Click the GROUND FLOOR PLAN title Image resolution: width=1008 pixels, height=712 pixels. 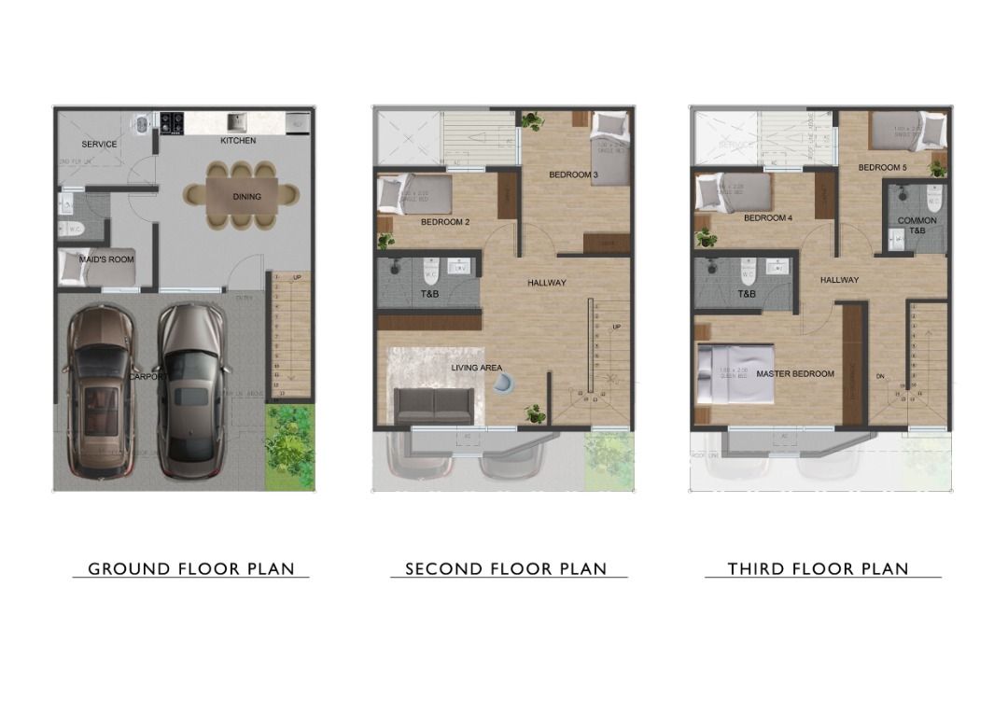pyautogui.click(x=191, y=568)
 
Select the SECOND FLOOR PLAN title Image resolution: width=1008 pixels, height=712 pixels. pyautogui.click(x=506, y=568)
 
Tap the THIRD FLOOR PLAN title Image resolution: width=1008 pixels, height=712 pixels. pyautogui.click(x=819, y=568)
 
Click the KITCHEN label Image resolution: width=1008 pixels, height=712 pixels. pyautogui.click(x=238, y=141)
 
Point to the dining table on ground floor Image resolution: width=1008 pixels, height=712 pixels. pyautogui.click(x=242, y=196)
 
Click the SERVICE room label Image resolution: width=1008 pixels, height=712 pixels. pyautogui.click(x=99, y=145)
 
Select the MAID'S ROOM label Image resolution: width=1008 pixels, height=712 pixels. pyautogui.click(x=107, y=259)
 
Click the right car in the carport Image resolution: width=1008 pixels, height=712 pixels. pyautogui.click(x=192, y=389)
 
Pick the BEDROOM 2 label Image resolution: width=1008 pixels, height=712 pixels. pyautogui.click(x=444, y=222)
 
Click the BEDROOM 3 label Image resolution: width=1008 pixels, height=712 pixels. pyautogui.click(x=573, y=175)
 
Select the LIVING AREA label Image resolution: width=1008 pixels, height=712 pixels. pyautogui.click(x=477, y=368)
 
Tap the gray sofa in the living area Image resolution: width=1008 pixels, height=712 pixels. pyautogui.click(x=433, y=404)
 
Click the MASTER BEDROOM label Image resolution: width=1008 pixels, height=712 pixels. pyautogui.click(x=795, y=374)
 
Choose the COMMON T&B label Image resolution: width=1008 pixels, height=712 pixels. pyautogui.click(x=917, y=226)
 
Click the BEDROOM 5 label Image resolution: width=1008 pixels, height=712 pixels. pyautogui.click(x=883, y=167)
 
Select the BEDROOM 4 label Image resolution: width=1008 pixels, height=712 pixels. pyautogui.click(x=768, y=218)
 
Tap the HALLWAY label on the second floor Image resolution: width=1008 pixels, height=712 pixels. pyautogui.click(x=546, y=283)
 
